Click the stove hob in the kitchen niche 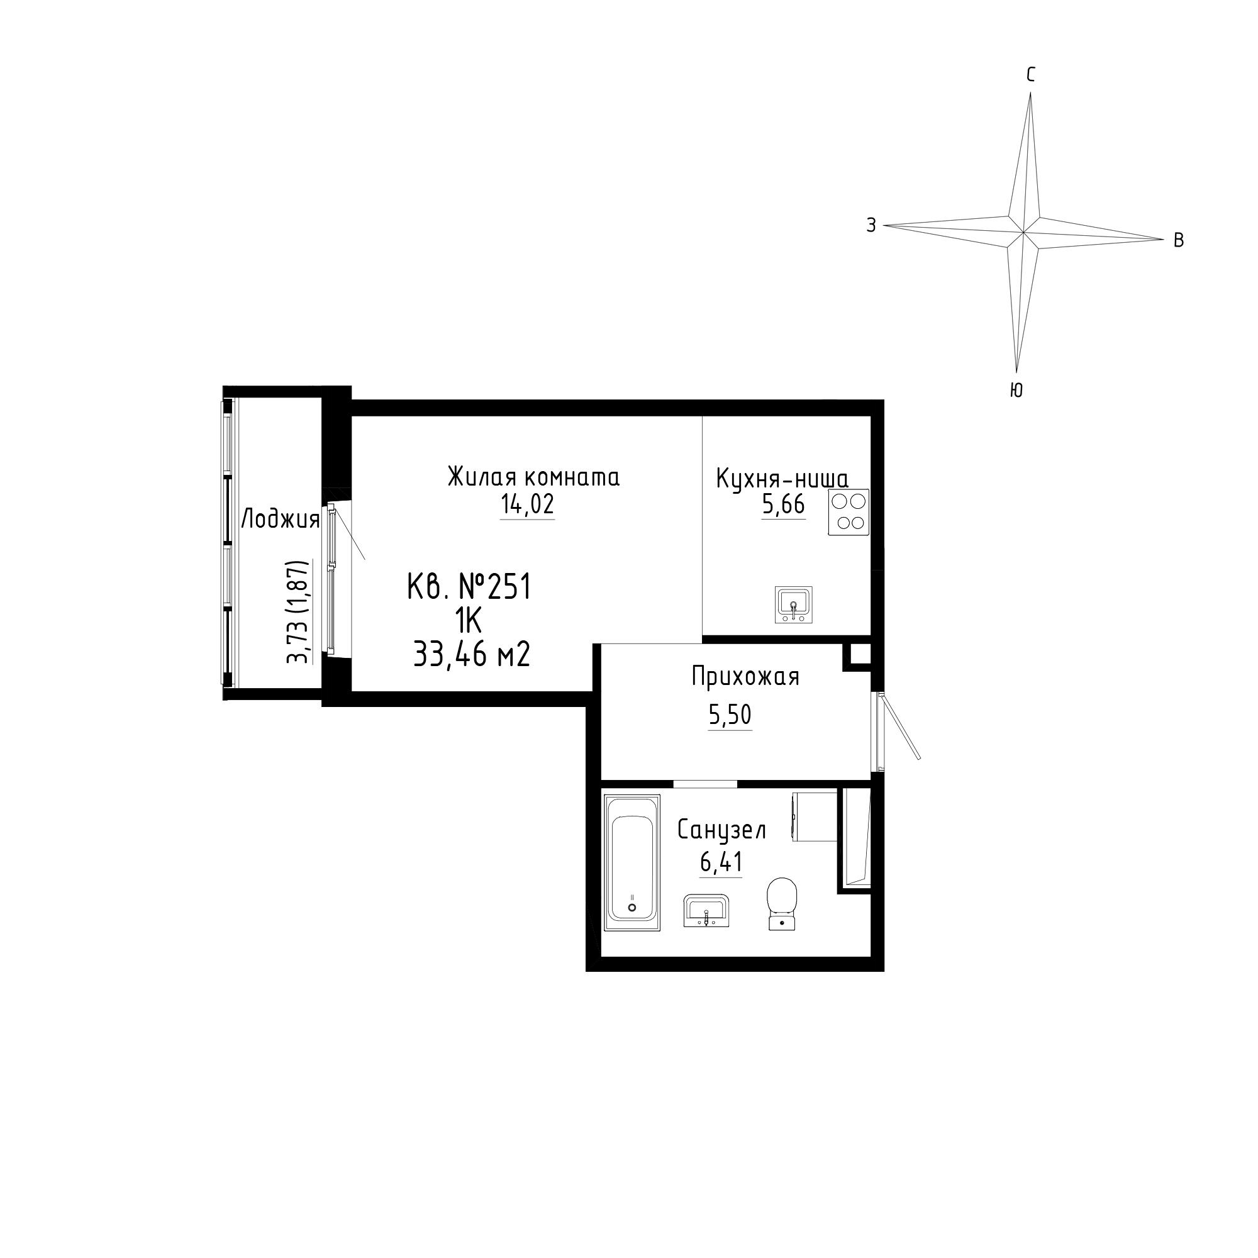pos(849,513)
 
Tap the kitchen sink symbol pos(794,604)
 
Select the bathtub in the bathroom pos(632,862)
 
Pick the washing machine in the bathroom pos(814,816)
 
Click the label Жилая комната pos(533,477)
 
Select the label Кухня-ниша pos(782,479)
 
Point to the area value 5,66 pos(783,504)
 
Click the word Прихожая pos(745,677)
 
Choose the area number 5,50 pos(730,715)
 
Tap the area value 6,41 pos(721,863)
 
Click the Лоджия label pos(281,520)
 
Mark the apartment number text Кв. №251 pos(469,587)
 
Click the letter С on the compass pos(1030,75)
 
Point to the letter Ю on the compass pos(1016,390)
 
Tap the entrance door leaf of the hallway pos(899,727)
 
